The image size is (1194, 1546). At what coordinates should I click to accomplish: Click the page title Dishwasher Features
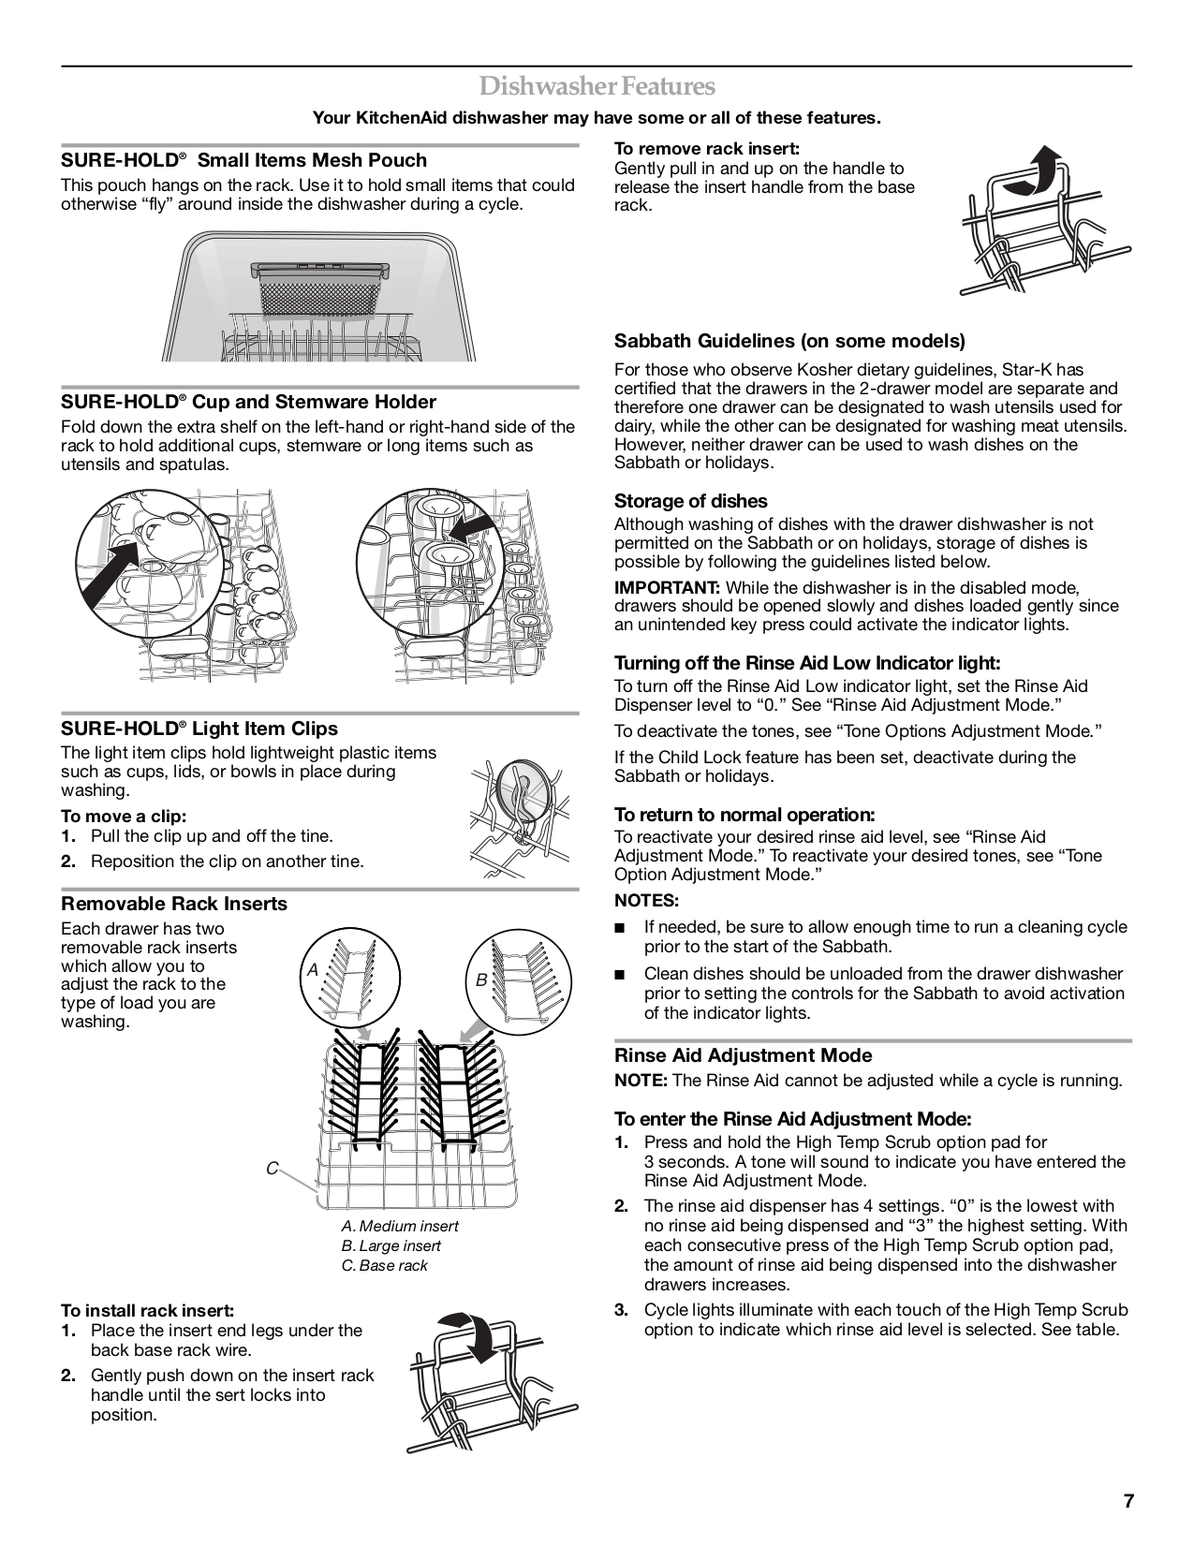point(597,86)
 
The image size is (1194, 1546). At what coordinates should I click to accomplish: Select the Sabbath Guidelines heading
point(789,341)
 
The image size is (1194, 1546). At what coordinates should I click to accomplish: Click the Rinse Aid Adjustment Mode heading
point(743,1055)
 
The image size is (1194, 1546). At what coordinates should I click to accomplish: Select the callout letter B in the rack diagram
point(481,980)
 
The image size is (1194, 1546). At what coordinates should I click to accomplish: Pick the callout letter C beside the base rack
point(272,1168)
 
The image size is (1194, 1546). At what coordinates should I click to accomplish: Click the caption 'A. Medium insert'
point(400,1226)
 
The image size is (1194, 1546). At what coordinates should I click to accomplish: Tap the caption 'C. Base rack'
point(384,1265)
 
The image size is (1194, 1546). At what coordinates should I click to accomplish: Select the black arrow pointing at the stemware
point(469,527)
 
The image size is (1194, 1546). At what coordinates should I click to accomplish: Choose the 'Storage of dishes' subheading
point(690,501)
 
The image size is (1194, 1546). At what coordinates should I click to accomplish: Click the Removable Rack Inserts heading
point(174,904)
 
